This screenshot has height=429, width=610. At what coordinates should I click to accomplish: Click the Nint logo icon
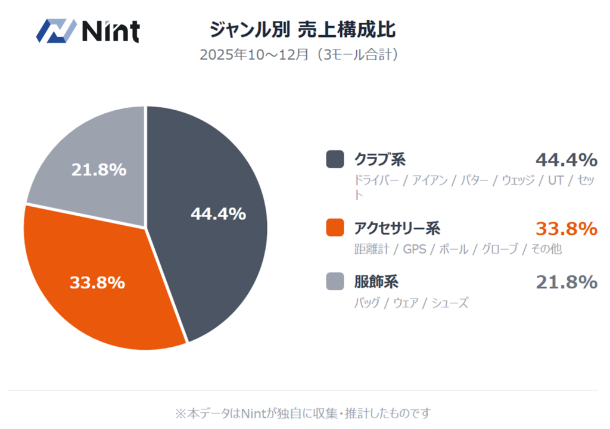56,30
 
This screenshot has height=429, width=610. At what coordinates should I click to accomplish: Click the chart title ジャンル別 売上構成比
303,29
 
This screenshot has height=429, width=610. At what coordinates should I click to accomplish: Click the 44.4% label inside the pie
218,214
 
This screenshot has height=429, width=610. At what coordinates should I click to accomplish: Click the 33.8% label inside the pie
97,282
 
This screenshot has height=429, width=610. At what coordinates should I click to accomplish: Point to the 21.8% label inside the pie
99,170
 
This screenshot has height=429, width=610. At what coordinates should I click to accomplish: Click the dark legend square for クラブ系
335,160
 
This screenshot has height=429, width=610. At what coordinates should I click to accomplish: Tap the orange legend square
335,228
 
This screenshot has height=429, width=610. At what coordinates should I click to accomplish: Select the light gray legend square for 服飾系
335,281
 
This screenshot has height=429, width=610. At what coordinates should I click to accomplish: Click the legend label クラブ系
380,160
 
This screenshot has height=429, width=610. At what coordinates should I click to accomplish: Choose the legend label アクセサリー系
397,228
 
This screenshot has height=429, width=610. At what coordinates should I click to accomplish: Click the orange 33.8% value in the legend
566,228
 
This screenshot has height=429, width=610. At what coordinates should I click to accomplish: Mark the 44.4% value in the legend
566,160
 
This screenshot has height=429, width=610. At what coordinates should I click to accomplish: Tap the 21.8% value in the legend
566,281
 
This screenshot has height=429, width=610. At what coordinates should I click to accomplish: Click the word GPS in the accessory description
415,249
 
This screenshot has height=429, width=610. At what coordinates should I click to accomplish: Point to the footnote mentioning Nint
303,412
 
